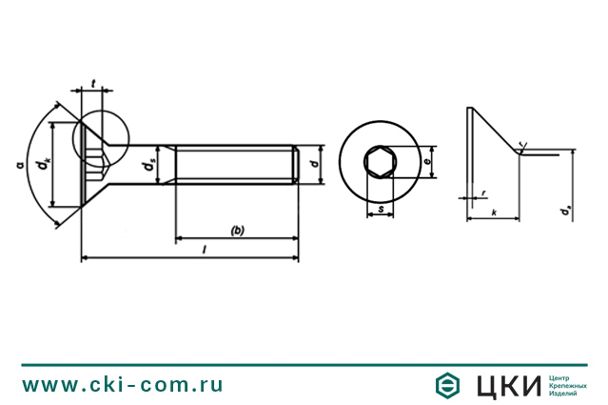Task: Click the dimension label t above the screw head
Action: click(90, 82)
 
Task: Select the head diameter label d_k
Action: click(41, 164)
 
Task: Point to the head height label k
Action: click(493, 213)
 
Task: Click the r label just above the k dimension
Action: click(483, 192)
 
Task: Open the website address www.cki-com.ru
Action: click(123, 384)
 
